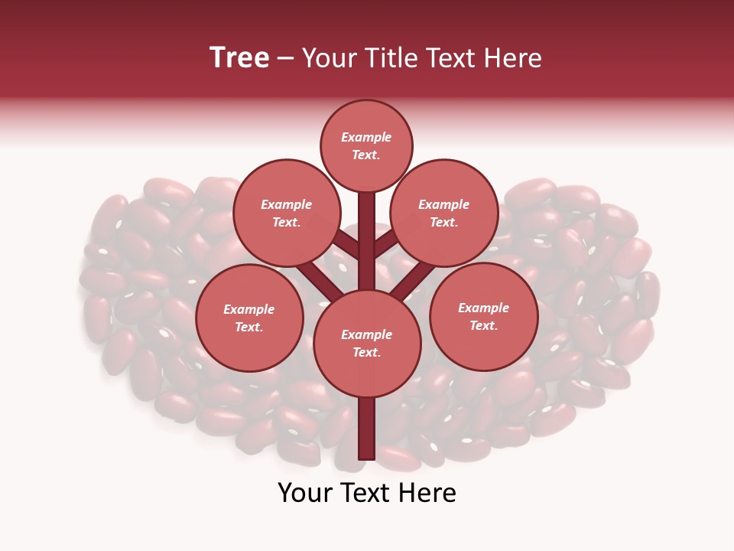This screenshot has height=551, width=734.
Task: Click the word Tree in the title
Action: (x=239, y=58)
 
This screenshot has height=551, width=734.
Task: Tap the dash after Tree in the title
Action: (x=286, y=59)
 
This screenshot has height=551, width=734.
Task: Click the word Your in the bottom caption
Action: (x=305, y=493)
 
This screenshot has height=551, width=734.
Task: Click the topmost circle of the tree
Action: (x=366, y=145)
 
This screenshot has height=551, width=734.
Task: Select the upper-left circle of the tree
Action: (x=286, y=213)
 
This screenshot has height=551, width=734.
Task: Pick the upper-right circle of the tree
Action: (x=443, y=213)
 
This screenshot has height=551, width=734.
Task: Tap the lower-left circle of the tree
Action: (x=249, y=318)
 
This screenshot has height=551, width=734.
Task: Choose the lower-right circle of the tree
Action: (x=483, y=316)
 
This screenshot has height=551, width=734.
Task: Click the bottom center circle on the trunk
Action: (x=366, y=343)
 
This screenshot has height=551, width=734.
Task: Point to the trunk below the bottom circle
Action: (x=366, y=429)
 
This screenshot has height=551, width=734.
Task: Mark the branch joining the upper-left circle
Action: (x=346, y=246)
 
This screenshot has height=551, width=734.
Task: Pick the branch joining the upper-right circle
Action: (x=387, y=246)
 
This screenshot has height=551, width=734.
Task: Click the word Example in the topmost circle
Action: (x=366, y=137)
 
